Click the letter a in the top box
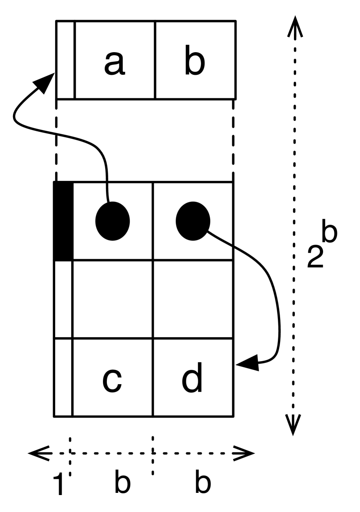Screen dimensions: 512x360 pyautogui.click(x=115, y=63)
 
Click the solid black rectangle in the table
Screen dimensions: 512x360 pyautogui.click(x=63, y=221)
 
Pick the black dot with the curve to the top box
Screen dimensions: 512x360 pyautogui.click(x=112, y=221)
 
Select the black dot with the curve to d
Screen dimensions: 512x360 pyautogui.click(x=193, y=221)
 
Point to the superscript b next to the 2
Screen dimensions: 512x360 pyautogui.click(x=328, y=233)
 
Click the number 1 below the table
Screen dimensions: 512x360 pyautogui.click(x=59, y=483)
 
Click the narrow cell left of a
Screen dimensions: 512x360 pyautogui.click(x=66, y=60)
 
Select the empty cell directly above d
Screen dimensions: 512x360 pyautogui.click(x=193, y=299)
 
